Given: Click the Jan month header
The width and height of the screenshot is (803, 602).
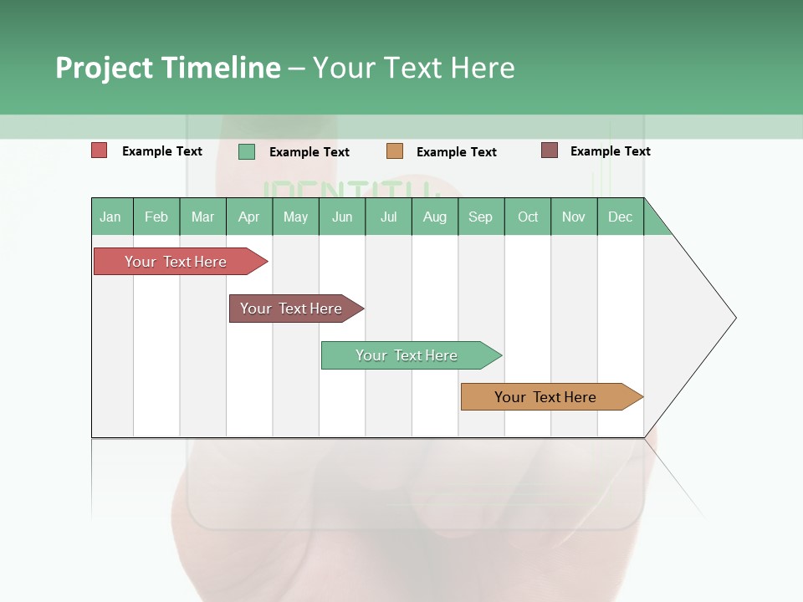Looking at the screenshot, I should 111,217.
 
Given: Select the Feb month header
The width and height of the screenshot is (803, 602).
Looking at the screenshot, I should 156,217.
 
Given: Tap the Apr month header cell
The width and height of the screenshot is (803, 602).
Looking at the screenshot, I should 249,217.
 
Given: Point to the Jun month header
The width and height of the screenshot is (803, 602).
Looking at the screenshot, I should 342,217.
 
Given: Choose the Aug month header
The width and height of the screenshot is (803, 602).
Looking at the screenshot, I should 435,217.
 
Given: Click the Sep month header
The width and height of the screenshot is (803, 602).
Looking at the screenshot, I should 481,217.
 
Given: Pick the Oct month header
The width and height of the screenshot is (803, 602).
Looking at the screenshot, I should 528,217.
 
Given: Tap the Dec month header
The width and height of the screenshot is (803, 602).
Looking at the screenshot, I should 621,217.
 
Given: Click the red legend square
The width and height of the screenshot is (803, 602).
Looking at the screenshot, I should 100,150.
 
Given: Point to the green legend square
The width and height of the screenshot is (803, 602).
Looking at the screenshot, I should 247,151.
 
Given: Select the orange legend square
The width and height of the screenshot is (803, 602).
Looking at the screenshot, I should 395,151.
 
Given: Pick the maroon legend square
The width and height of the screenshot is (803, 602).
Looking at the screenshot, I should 550,150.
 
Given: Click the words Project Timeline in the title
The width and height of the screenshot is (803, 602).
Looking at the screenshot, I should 168,68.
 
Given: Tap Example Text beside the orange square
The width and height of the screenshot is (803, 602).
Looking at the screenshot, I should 457,152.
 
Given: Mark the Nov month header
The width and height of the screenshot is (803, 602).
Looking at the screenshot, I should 574,217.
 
